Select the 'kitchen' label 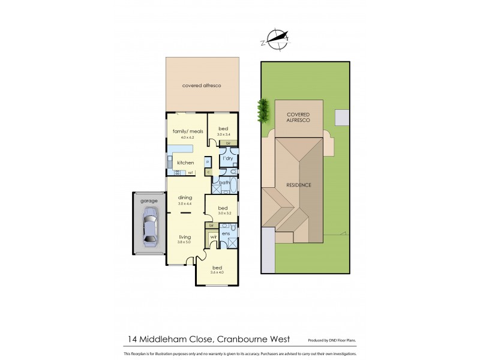184,163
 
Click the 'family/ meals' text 185,131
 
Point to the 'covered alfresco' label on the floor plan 202,86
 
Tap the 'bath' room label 224,182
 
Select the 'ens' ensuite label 227,233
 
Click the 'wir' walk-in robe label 212,237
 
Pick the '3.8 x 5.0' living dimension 184,242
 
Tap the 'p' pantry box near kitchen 208,162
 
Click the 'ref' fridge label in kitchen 190,173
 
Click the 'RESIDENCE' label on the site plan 298,185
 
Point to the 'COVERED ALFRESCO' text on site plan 298,117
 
